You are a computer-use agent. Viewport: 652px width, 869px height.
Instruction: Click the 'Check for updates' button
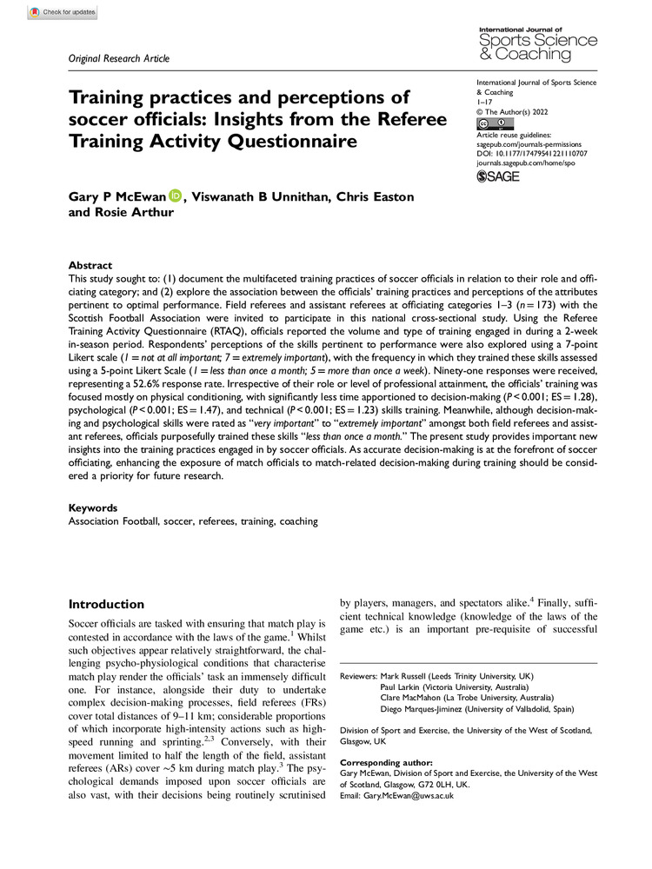click(x=62, y=13)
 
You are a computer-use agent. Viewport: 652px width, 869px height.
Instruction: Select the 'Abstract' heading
click(x=91, y=265)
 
